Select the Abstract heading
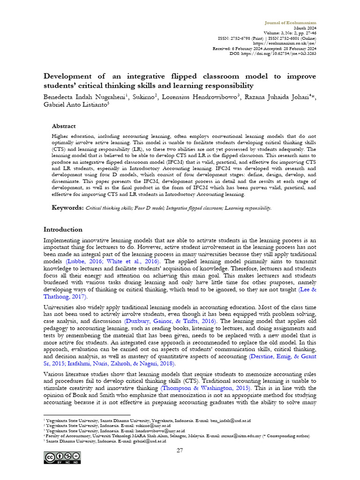[63, 126]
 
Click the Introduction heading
[63, 230]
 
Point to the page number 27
[180, 450]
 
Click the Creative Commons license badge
[62, 457]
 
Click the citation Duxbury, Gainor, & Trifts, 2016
[171, 321]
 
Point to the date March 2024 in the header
[305, 28]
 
